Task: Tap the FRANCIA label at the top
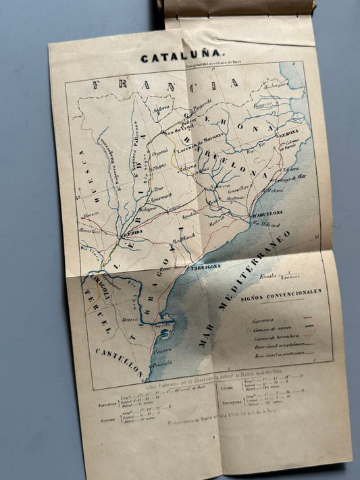click(x=165, y=85)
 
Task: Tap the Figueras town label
click(x=263, y=105)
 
